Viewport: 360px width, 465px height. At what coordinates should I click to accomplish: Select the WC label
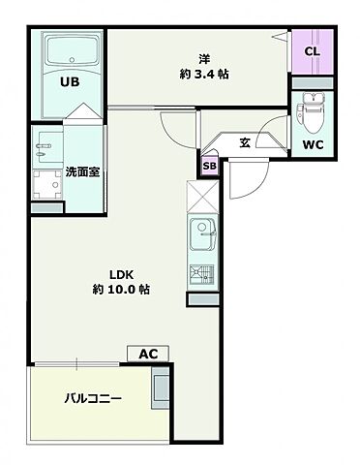click(312, 145)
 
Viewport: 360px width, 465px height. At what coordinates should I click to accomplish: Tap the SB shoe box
click(209, 166)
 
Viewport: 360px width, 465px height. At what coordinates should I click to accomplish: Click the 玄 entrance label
click(245, 142)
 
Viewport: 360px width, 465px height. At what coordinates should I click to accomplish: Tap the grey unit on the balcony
click(160, 392)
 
